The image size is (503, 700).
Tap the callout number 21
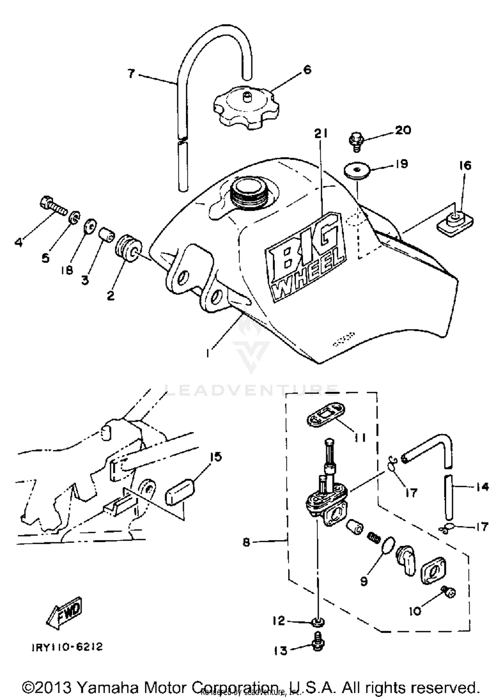[321, 134]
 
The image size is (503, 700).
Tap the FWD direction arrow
[65, 611]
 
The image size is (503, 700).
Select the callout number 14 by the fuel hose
[482, 487]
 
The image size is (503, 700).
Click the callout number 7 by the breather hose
[131, 74]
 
